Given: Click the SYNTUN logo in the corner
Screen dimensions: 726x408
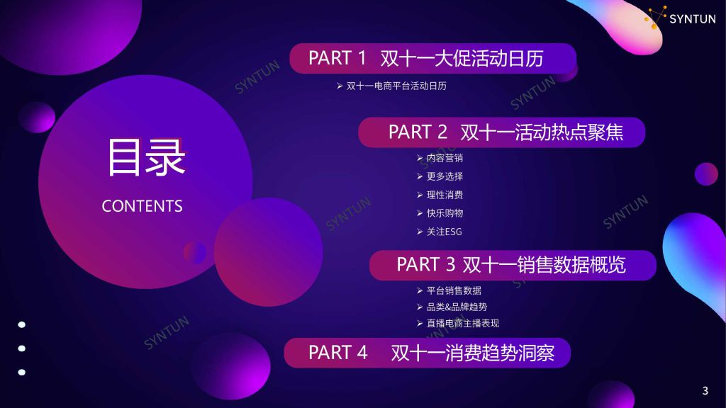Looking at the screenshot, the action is pos(681,18).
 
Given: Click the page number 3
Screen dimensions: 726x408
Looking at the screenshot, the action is pos(705,391).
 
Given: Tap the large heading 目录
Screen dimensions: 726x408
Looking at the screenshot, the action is pos(146,158).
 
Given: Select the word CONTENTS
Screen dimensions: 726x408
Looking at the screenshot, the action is pos(142,206).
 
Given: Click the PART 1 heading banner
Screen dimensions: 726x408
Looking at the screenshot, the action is pos(433,58).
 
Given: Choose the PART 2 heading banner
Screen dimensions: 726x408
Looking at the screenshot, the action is pos(501,132).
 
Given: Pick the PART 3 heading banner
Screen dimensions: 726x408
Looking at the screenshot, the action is pos(513,265).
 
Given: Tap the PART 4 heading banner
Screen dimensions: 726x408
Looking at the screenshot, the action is pos(427,353).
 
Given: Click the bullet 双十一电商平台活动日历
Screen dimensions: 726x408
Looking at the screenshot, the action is pos(391,86).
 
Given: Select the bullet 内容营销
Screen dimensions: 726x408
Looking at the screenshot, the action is pos(440,158).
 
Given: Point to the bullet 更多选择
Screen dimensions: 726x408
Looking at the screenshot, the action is pos(440,176).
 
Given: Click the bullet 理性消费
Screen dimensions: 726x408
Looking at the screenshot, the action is pos(440,195).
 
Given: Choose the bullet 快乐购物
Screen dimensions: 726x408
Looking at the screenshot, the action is pos(440,213).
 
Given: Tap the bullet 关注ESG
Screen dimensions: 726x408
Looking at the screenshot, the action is pos(440,232).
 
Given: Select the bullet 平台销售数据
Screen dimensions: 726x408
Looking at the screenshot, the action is pos(449,290).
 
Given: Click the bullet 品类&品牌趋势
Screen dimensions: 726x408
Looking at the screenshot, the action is pos(452,307).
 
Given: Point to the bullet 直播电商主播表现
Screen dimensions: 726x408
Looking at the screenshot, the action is pos(458,323).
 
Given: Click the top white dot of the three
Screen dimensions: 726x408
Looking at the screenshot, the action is pos(22,324).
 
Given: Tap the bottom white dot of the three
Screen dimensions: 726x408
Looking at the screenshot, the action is pos(22,372).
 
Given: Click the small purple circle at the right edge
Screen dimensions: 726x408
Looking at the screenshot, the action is pos(706,174).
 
